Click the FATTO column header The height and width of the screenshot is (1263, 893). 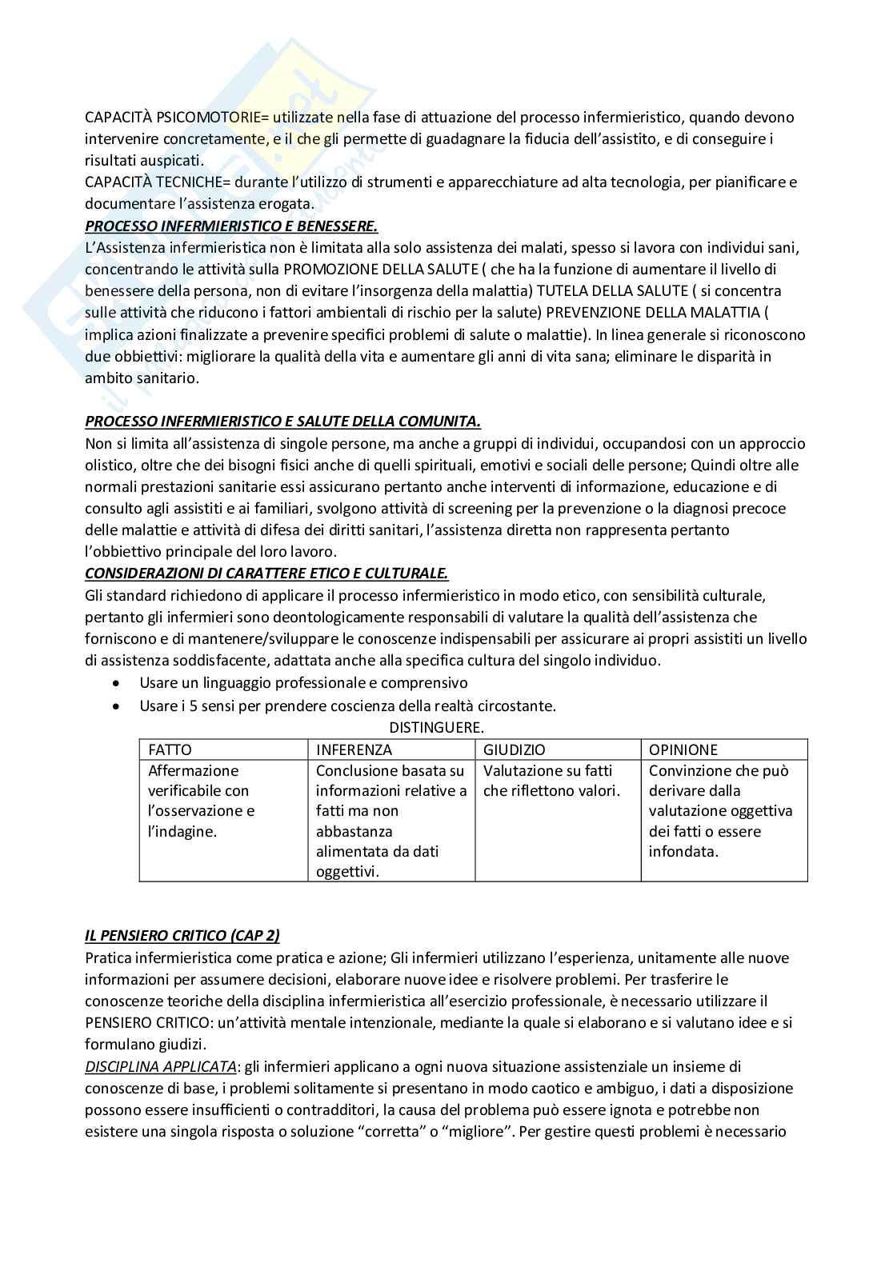[x=170, y=749]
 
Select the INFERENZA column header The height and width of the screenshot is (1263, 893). [x=354, y=749]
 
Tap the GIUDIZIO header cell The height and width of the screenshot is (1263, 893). [x=514, y=749]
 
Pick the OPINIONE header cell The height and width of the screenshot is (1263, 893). [x=683, y=749]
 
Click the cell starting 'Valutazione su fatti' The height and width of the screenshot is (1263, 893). [x=551, y=781]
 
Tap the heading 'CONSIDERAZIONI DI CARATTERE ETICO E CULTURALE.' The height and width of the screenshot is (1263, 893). [x=266, y=574]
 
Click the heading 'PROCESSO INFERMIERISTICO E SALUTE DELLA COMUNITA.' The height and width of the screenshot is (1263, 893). [x=282, y=422]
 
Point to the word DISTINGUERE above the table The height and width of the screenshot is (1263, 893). [x=436, y=727]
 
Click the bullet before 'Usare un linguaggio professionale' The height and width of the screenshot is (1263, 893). [x=118, y=684]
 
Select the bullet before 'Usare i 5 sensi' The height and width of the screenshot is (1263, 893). [x=118, y=706]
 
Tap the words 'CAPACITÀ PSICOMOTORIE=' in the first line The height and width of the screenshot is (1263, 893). [x=178, y=118]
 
